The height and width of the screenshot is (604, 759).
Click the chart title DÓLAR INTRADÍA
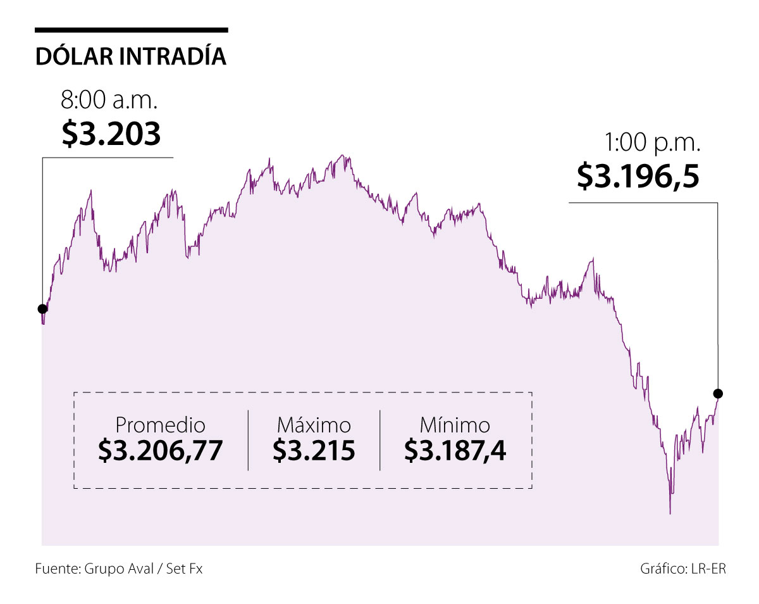[x=131, y=56]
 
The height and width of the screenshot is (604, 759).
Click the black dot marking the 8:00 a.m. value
[x=42, y=309]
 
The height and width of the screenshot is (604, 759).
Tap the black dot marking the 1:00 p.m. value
[x=718, y=393]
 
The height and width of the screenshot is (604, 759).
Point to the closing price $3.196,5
[x=638, y=176]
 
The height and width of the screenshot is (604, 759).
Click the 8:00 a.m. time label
[x=109, y=101]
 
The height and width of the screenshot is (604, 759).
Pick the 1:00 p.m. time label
[x=653, y=144]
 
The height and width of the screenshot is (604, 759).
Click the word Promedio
[x=161, y=425]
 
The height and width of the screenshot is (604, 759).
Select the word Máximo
[x=314, y=425]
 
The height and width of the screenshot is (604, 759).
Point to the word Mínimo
[x=455, y=425]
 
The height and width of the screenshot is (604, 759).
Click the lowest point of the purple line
[x=670, y=513]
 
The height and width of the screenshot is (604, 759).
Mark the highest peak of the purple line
[x=342, y=155]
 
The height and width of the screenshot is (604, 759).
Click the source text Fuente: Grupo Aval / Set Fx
[x=119, y=569]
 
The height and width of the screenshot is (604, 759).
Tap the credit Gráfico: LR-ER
[x=683, y=569]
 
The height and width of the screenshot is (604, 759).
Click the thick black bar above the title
[x=131, y=30]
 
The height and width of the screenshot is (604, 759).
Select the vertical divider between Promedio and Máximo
[x=248, y=440]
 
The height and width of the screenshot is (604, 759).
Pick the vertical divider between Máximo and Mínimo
[x=380, y=440]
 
